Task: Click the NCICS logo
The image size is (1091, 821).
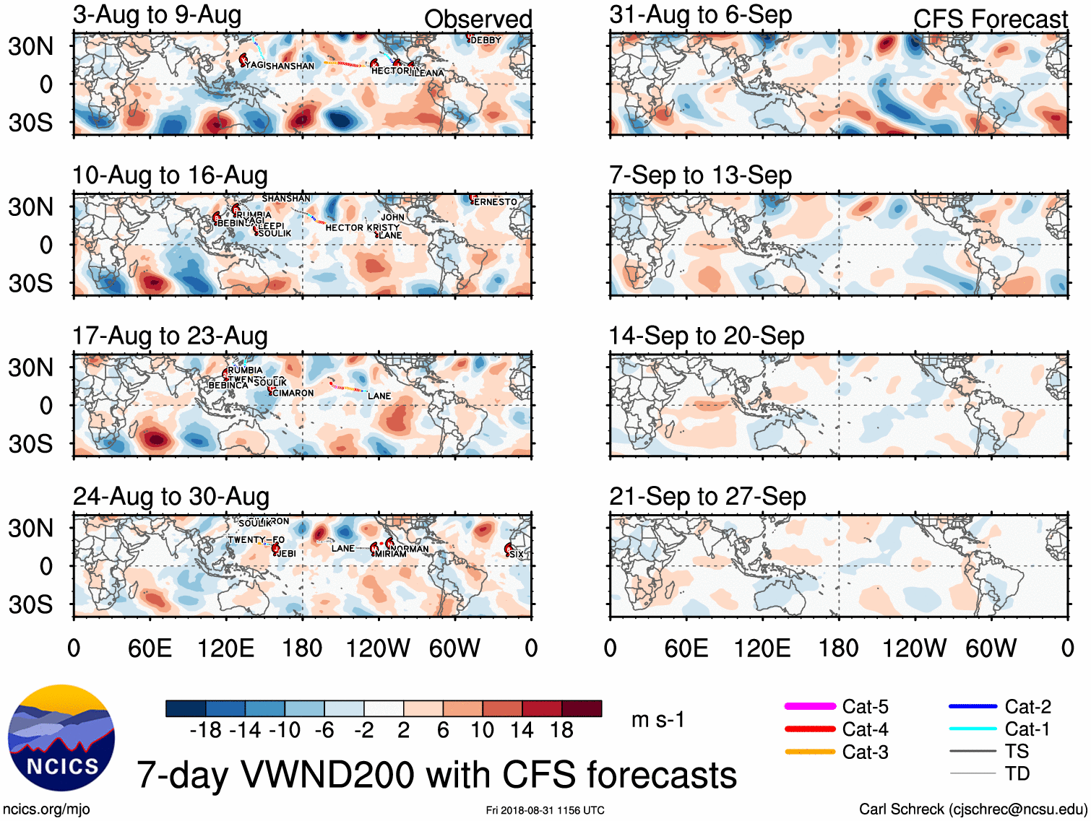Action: tap(61, 737)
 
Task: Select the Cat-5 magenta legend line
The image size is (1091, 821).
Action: tap(810, 706)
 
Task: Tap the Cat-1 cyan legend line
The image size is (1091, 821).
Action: tap(973, 729)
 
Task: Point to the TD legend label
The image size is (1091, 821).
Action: tap(1017, 773)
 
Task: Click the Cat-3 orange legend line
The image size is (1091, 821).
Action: tap(810, 752)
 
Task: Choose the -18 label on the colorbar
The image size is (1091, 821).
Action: tap(205, 730)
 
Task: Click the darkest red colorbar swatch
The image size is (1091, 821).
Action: tap(582, 708)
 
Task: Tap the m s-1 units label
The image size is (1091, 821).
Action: tap(657, 719)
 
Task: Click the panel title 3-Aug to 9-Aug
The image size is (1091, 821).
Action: tap(157, 15)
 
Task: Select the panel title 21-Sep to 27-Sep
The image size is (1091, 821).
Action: tap(707, 496)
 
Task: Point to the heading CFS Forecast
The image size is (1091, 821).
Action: tap(990, 19)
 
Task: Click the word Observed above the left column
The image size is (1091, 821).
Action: tap(478, 19)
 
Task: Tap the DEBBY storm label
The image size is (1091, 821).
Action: tap(486, 40)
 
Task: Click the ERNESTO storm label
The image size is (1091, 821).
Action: tap(496, 202)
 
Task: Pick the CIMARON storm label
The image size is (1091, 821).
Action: tap(293, 394)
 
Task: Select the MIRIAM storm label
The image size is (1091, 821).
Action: tap(391, 554)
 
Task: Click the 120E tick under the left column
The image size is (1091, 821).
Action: tap(226, 648)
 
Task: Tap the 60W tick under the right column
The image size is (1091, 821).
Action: tap(991, 648)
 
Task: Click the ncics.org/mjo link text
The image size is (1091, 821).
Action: tap(46, 809)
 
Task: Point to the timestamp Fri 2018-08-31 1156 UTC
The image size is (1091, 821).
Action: tap(545, 810)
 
